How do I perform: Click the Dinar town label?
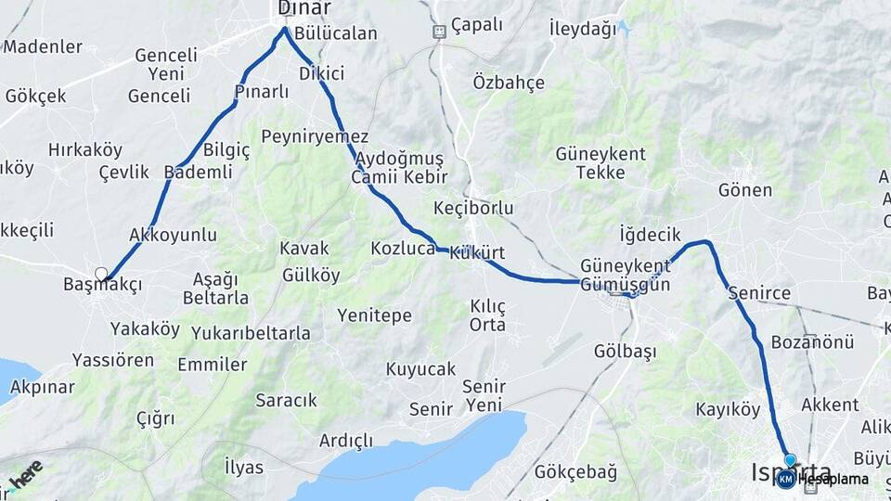pyautogui.click(x=304, y=8)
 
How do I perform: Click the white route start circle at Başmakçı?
pyautogui.click(x=101, y=274)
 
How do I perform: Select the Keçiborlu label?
pyautogui.click(x=473, y=208)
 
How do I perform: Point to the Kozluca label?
pyautogui.click(x=403, y=249)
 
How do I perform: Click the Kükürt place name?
pyautogui.click(x=476, y=253)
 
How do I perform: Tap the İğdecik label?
pyautogui.click(x=651, y=235)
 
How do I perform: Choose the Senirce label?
pyautogui.click(x=759, y=294)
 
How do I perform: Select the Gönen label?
pyautogui.click(x=745, y=190)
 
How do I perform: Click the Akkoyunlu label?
pyautogui.click(x=174, y=235)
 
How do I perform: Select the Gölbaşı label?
pyautogui.click(x=625, y=352)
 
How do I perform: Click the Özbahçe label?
pyautogui.click(x=509, y=82)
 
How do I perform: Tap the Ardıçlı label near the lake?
pyautogui.click(x=345, y=440)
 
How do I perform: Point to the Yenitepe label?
pyautogui.click(x=374, y=316)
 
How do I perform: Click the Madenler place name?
pyautogui.click(x=43, y=46)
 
